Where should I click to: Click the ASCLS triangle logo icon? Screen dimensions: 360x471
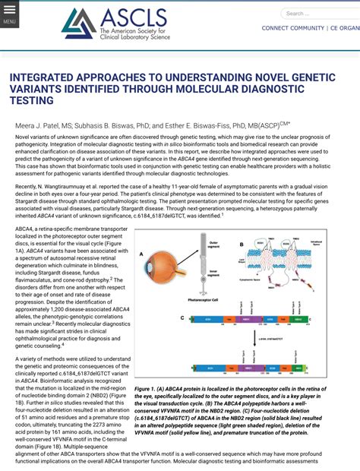[x=78, y=23]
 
